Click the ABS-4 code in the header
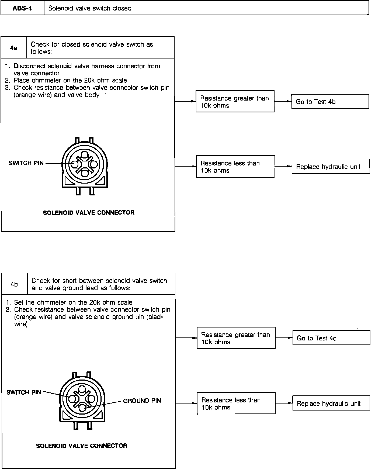point(22,8)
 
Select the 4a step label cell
point(13,48)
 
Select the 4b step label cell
point(14,284)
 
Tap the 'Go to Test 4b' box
point(330,102)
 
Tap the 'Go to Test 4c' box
point(331,338)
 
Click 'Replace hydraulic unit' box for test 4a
point(330,167)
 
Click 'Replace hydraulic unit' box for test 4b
point(331,403)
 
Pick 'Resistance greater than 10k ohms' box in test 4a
point(235,102)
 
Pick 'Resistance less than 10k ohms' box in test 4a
point(235,167)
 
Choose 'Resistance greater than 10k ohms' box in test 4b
point(236,338)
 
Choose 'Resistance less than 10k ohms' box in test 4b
point(236,403)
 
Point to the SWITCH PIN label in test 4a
point(26,163)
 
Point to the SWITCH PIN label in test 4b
point(24,392)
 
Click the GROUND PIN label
point(142,401)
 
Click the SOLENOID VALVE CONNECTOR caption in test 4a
point(89,213)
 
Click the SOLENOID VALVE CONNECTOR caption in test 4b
point(82,446)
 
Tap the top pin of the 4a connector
point(85,155)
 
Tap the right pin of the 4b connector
point(91,399)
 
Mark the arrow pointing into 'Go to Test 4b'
point(289,102)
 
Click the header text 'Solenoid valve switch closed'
point(90,8)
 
